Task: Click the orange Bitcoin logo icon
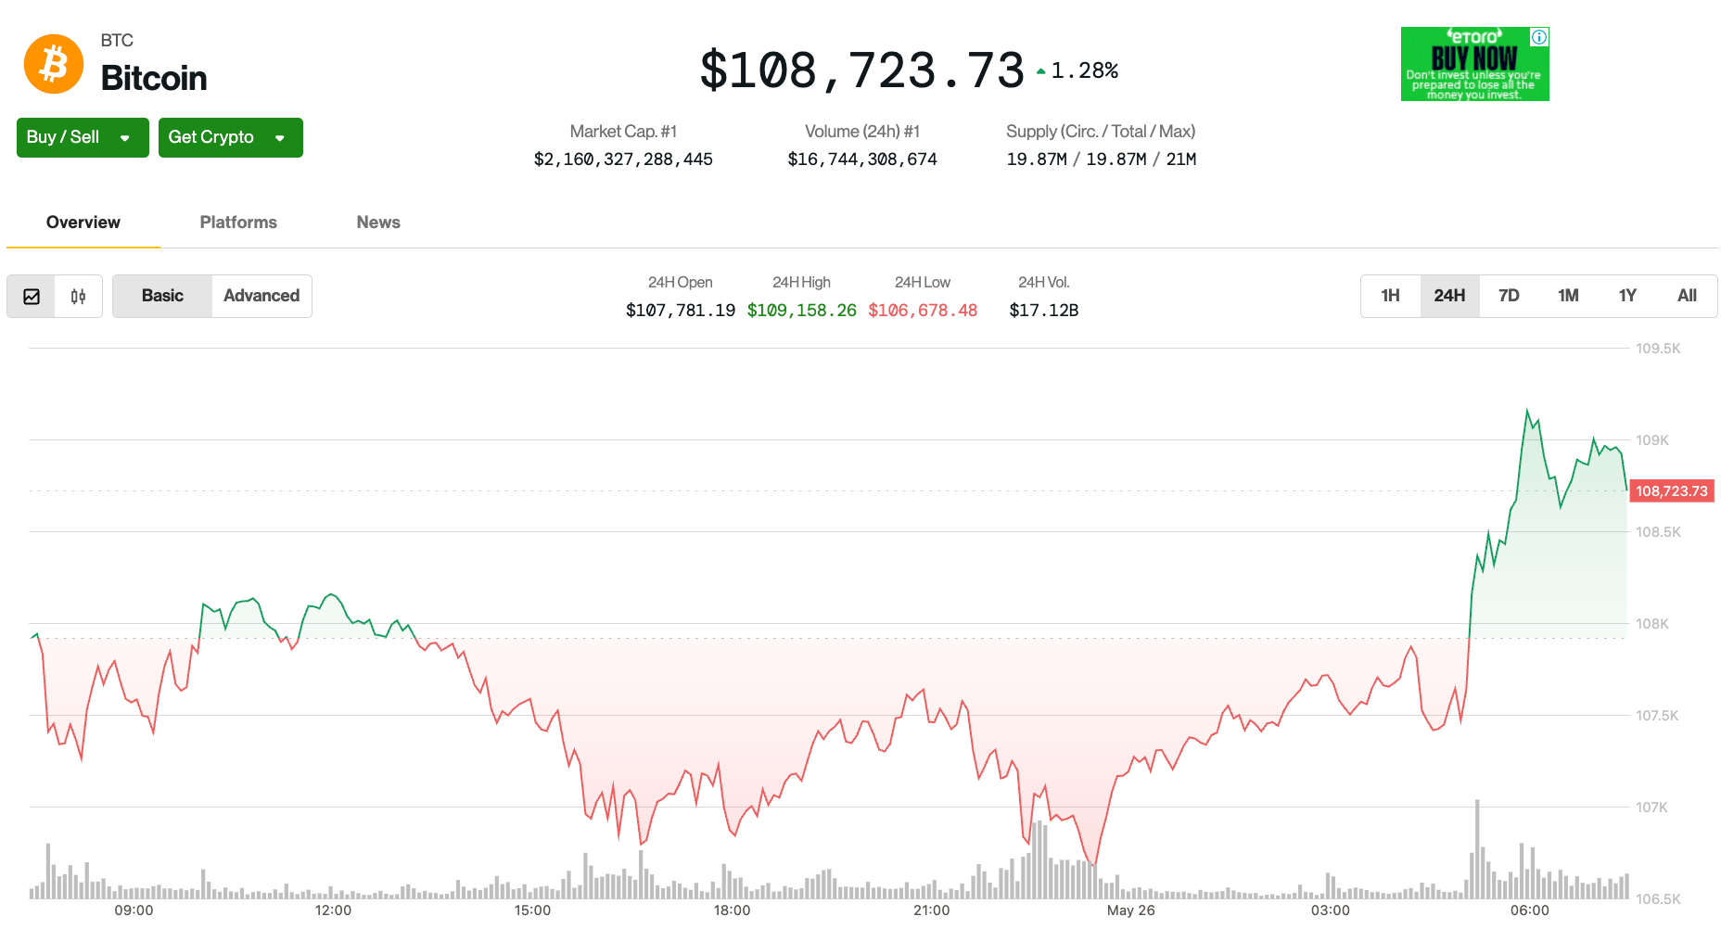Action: point(54,64)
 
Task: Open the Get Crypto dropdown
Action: point(230,137)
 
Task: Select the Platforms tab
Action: point(238,223)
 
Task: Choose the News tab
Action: point(378,223)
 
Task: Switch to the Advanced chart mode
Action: point(261,296)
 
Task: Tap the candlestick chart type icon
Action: point(78,297)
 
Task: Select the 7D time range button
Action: point(1509,296)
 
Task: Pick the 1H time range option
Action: point(1390,296)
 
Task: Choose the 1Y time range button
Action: point(1627,296)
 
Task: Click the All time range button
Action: point(1687,296)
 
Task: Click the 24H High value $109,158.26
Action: point(801,311)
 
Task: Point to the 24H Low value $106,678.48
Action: point(922,311)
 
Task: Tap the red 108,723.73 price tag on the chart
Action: point(1671,491)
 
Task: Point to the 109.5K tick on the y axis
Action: point(1658,349)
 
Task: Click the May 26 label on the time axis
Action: point(1130,910)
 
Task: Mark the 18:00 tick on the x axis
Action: point(732,910)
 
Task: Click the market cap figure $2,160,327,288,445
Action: point(623,159)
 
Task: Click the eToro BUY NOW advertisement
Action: point(1474,64)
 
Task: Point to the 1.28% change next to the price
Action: point(1083,70)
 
